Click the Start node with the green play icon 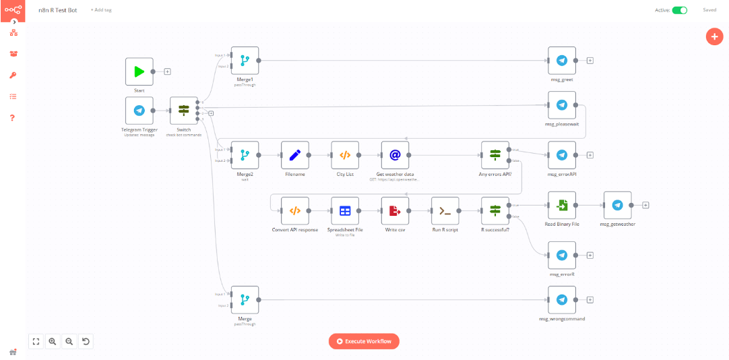coord(139,71)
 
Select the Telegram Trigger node coord(139,111)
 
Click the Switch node coord(183,111)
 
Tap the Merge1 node coord(245,61)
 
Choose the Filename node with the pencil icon coord(294,155)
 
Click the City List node coord(344,155)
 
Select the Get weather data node coord(395,155)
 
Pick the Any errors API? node coord(495,155)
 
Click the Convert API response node coord(294,211)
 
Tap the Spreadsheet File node coord(344,211)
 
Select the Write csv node coord(395,211)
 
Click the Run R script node coord(445,211)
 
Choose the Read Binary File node coord(562,205)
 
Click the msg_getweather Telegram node coord(617,205)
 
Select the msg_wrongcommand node coord(562,300)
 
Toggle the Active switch coord(679,10)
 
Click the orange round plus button coord(714,36)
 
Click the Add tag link coord(101,10)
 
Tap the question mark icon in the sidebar coord(12,118)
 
